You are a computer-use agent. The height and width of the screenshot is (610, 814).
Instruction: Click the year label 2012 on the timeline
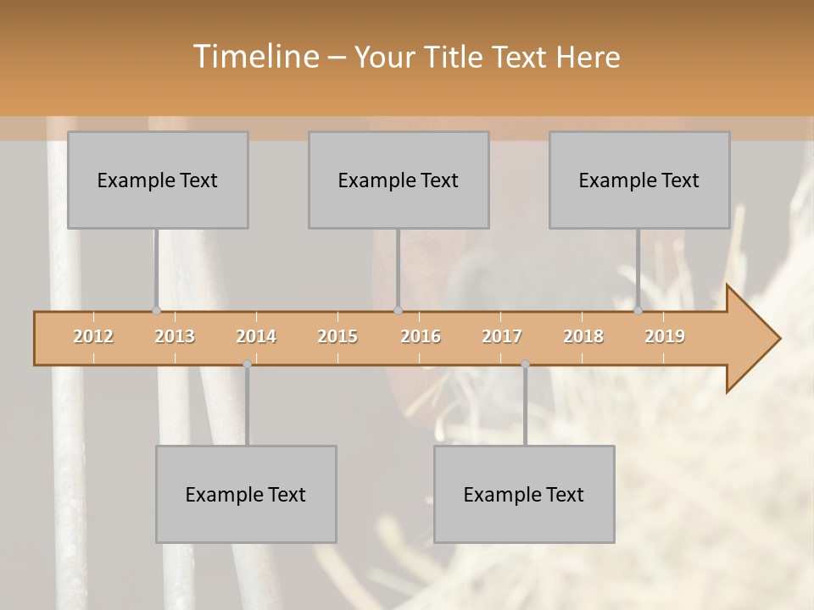(93, 336)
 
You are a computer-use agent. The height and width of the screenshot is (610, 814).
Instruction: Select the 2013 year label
(175, 336)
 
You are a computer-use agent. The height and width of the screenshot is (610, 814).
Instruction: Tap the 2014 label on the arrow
(256, 336)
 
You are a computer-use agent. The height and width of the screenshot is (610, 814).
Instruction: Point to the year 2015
(337, 336)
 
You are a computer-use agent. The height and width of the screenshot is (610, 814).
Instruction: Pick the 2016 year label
(421, 336)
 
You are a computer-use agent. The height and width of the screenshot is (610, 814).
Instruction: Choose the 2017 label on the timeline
(502, 336)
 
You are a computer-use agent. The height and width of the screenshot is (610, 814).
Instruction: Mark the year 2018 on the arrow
(583, 336)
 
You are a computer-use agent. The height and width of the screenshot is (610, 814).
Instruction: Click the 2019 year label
(665, 336)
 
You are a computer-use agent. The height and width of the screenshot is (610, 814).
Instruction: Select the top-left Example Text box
(158, 180)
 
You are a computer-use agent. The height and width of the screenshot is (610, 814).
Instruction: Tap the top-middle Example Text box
(399, 180)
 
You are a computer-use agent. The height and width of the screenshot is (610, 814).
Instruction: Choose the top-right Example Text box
(639, 180)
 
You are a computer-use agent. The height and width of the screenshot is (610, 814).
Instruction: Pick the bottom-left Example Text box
(246, 494)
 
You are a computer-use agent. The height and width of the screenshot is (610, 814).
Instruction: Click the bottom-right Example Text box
(524, 494)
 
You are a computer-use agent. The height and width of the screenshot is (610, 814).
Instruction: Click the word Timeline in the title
(254, 57)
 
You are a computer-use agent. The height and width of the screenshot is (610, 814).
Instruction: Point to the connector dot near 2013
(156, 311)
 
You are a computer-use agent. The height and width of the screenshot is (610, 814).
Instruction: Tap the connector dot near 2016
(398, 311)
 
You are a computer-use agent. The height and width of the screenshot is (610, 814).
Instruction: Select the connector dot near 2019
(638, 311)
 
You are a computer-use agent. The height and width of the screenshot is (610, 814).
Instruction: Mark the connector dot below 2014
(247, 364)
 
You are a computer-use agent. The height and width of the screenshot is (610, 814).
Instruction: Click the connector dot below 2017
(525, 364)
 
